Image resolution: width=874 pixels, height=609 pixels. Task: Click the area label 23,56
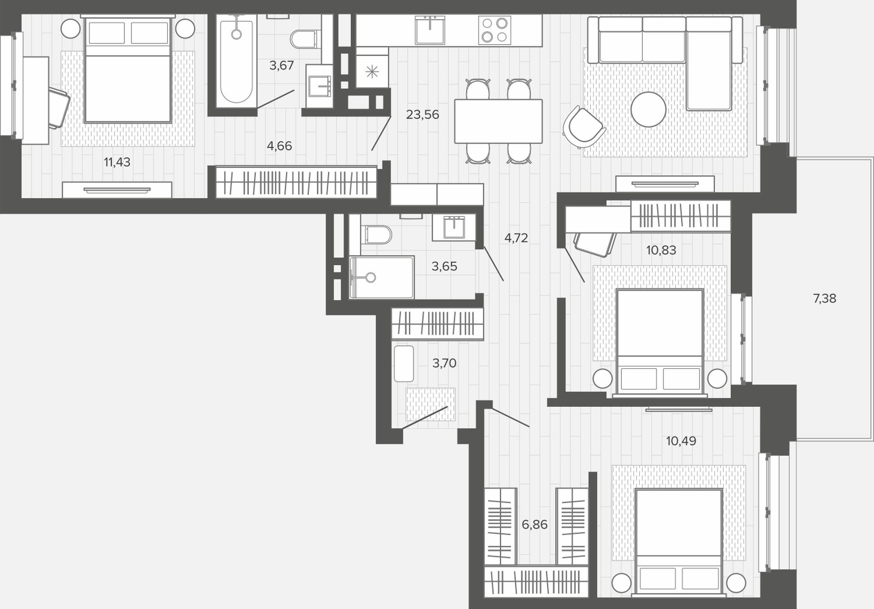pyautogui.click(x=422, y=115)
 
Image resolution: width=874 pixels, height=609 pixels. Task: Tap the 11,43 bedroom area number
pyautogui.click(x=117, y=162)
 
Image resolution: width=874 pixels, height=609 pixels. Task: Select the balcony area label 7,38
pyautogui.click(x=824, y=299)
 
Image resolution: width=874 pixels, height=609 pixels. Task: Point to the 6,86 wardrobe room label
pyautogui.click(x=534, y=525)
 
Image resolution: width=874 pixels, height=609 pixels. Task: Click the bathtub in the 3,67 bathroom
pyautogui.click(x=236, y=61)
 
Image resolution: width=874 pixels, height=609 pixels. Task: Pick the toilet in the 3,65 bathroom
pyautogui.click(x=376, y=235)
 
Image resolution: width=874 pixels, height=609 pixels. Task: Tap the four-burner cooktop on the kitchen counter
pyautogui.click(x=495, y=30)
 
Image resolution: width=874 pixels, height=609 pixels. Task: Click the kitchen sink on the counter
pyautogui.click(x=430, y=30)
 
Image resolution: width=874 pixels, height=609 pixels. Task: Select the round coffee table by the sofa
pyautogui.click(x=648, y=109)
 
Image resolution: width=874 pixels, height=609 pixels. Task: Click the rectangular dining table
pyautogui.click(x=498, y=121)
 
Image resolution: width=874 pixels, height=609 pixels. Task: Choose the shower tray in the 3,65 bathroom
pyautogui.click(x=382, y=277)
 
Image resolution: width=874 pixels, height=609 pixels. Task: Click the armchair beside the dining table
pyautogui.click(x=583, y=128)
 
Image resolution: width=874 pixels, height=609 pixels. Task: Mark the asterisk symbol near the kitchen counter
pyautogui.click(x=372, y=72)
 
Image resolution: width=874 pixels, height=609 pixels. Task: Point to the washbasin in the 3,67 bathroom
pyautogui.click(x=320, y=86)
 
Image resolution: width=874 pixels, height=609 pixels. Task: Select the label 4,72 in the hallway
pyautogui.click(x=516, y=238)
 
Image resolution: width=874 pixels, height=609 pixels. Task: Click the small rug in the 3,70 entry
pyautogui.click(x=430, y=404)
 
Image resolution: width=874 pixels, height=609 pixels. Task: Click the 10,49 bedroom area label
pyautogui.click(x=681, y=441)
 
